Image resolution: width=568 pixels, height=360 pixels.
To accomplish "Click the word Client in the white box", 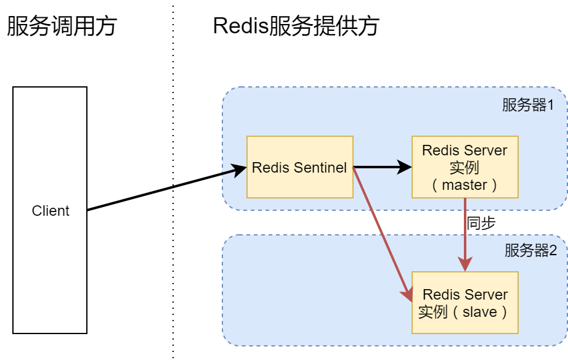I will pyautogui.click(x=51, y=211).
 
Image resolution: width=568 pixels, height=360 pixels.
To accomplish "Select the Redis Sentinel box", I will pyautogui.click(x=299, y=167).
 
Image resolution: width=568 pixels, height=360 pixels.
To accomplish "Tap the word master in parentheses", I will pyautogui.click(x=465, y=184).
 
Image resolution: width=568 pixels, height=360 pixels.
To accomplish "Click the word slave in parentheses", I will pyautogui.click(x=479, y=312).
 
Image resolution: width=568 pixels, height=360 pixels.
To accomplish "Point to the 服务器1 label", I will pyautogui.click(x=528, y=105).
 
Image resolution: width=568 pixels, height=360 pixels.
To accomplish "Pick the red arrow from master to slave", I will pyautogui.click(x=465, y=234).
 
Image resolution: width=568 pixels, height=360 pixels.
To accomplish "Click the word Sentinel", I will pyautogui.click(x=320, y=168).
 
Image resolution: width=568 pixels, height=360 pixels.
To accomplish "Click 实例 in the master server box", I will pyautogui.click(x=465, y=168).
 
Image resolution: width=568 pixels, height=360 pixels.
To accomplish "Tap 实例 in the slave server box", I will pyautogui.click(x=432, y=312).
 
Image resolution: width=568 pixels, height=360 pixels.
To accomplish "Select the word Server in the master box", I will pyautogui.click(x=485, y=151).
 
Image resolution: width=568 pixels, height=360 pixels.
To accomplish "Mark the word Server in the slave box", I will pyautogui.click(x=487, y=295).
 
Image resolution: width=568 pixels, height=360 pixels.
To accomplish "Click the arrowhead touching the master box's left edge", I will pyautogui.click(x=405, y=166).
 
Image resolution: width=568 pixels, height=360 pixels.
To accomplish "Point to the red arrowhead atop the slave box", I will pyautogui.click(x=465, y=264).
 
